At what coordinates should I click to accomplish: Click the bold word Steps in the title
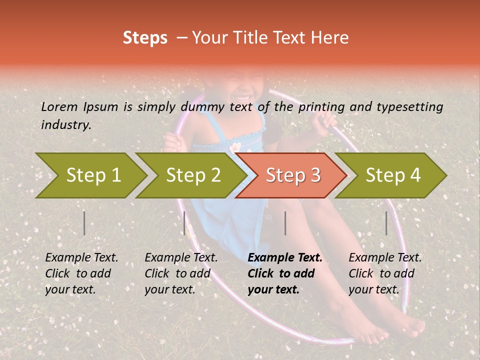145,38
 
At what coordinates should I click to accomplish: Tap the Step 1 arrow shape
93,175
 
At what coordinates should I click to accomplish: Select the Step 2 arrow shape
193,175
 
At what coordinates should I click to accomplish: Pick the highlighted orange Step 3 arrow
292,175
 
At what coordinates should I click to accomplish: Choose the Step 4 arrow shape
392,175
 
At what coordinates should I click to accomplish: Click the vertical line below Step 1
84,223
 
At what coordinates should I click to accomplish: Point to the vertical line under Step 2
184,223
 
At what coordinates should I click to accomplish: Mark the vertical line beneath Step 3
285,223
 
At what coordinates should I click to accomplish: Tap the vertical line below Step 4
386,223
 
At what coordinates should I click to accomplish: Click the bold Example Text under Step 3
285,273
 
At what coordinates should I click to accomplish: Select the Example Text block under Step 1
81,273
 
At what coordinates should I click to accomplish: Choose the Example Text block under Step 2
181,273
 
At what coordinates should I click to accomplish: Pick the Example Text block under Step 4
385,273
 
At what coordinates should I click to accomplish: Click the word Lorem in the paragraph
59,106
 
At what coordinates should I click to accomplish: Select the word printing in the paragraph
321,106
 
